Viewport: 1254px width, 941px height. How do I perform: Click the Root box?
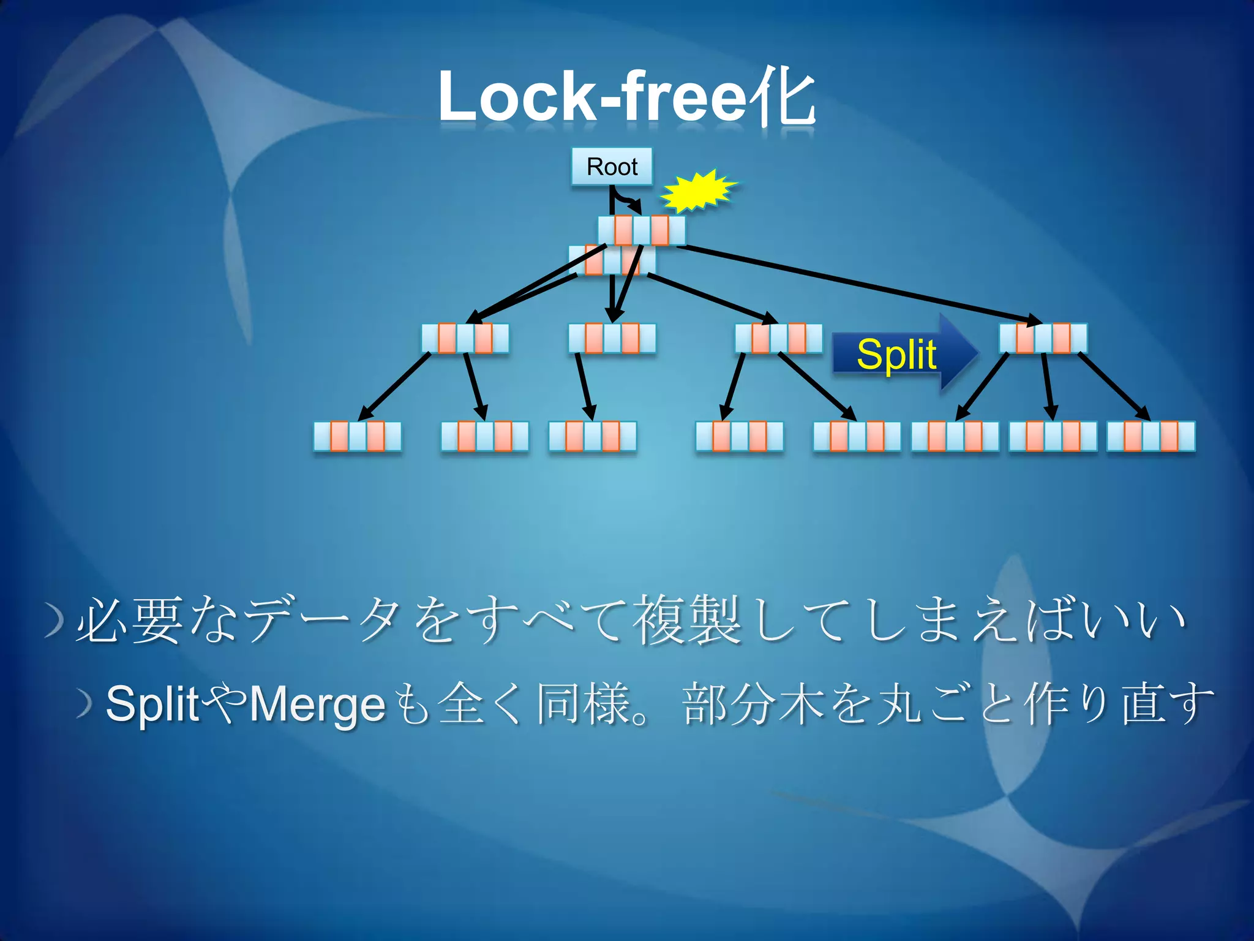click(612, 166)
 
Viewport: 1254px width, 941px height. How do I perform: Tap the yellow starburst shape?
click(698, 191)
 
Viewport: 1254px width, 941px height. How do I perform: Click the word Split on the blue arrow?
click(896, 354)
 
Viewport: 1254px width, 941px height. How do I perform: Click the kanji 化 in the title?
click(784, 98)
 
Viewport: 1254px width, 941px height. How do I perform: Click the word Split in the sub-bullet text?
click(153, 705)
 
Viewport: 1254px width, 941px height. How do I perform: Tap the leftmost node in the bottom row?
click(358, 436)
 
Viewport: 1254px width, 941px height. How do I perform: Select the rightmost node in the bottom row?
click(1151, 436)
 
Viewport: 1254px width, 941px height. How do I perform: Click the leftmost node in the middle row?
click(465, 338)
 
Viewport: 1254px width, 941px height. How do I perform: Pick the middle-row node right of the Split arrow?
click(1043, 338)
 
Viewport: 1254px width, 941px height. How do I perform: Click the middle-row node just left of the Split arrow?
click(779, 338)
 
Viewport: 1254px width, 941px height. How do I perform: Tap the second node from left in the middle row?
click(612, 338)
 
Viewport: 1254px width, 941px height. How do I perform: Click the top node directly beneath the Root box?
click(642, 230)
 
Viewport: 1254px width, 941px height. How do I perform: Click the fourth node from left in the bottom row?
click(740, 436)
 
